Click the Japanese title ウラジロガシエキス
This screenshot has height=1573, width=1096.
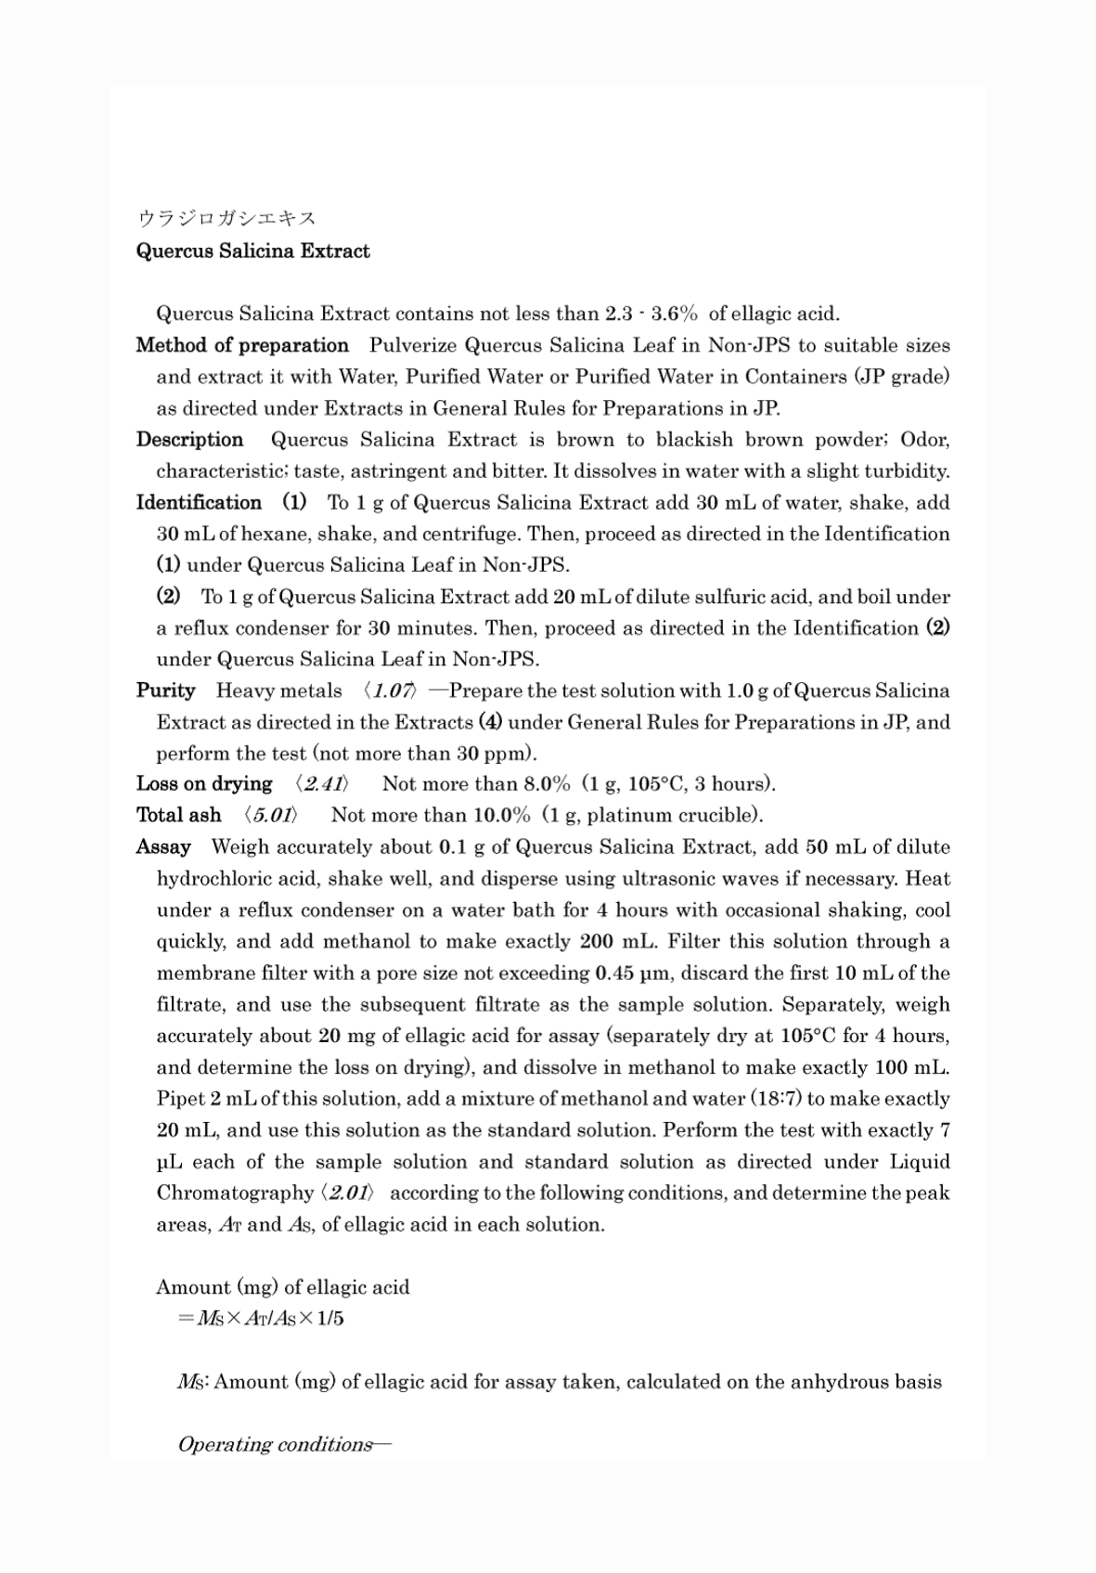(x=226, y=219)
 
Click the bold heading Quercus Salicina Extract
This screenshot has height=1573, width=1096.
(x=252, y=251)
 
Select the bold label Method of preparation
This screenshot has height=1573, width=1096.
(x=242, y=346)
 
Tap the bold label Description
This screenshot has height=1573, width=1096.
(x=189, y=440)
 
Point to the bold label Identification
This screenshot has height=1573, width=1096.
(x=199, y=503)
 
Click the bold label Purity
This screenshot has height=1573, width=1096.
(x=165, y=690)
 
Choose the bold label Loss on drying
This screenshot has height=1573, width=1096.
(x=204, y=784)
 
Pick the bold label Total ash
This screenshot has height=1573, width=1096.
(x=178, y=816)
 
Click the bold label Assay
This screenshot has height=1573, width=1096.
(x=163, y=847)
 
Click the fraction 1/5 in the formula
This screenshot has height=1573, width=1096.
(x=329, y=1319)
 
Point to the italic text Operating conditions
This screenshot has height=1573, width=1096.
(x=283, y=1445)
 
